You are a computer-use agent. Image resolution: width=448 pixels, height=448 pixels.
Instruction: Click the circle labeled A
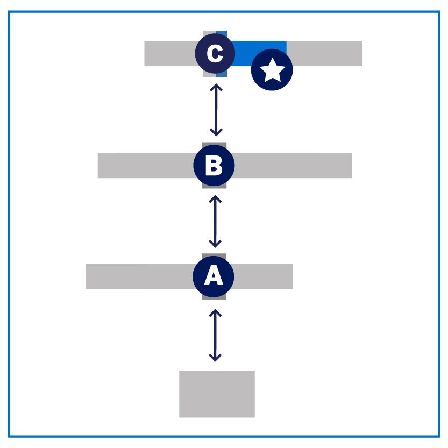tap(214, 276)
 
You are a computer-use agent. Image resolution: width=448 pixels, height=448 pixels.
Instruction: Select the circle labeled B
tap(214, 165)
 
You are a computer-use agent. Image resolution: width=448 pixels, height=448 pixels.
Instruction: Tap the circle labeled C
tap(215, 53)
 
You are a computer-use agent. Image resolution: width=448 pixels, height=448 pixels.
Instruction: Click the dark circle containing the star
tap(272, 70)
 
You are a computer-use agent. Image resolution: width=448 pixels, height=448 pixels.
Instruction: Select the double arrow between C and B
tap(216, 110)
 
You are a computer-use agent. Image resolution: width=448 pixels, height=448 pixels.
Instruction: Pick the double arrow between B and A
tap(215, 221)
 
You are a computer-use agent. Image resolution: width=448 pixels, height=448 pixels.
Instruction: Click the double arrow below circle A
tap(215, 336)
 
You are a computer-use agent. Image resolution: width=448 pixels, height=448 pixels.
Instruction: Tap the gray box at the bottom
tap(217, 394)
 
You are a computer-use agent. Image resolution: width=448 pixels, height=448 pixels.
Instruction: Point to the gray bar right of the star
tap(325, 53)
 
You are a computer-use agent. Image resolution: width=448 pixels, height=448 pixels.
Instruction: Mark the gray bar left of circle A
tap(140, 276)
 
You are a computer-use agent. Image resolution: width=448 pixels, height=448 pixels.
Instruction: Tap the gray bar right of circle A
tap(263, 276)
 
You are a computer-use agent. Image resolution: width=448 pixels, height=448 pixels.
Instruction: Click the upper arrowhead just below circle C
tap(216, 87)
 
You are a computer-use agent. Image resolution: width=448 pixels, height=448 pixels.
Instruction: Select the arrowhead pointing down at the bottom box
tap(215, 358)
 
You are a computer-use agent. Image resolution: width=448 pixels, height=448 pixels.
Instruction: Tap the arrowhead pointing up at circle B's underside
tap(215, 198)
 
